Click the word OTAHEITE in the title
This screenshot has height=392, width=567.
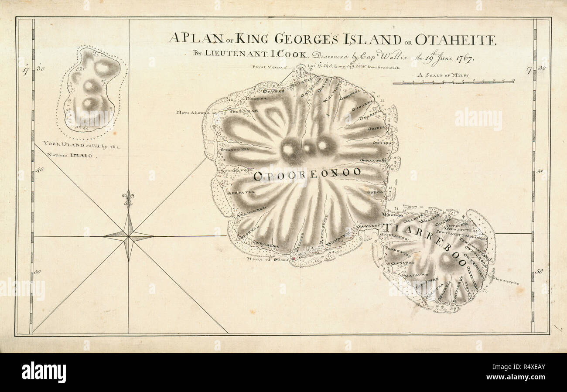click(455, 40)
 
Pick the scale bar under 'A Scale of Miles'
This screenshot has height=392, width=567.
click(453, 82)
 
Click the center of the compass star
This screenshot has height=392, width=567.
click(128, 237)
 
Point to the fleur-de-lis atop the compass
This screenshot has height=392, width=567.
click(128, 198)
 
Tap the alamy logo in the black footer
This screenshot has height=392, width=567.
click(44, 372)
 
